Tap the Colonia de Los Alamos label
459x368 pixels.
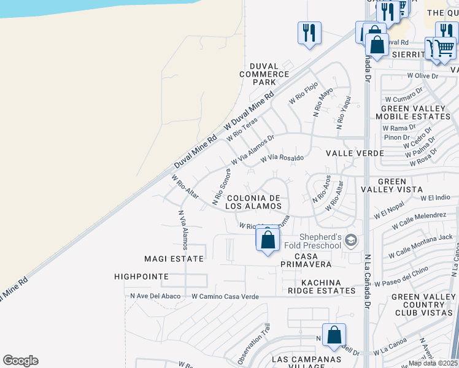[x=253, y=202]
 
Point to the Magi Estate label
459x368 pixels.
[x=174, y=259]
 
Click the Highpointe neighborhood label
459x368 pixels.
[x=141, y=277]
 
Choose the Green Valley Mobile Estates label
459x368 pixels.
[x=412, y=112]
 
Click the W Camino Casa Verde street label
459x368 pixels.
[x=225, y=296]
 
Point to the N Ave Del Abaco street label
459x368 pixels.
[x=156, y=296]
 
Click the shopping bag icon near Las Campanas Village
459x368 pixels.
[x=334, y=335]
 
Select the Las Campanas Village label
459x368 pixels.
[x=298, y=362]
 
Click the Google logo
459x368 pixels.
[x=20, y=361]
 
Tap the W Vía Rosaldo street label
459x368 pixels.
[x=282, y=158]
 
